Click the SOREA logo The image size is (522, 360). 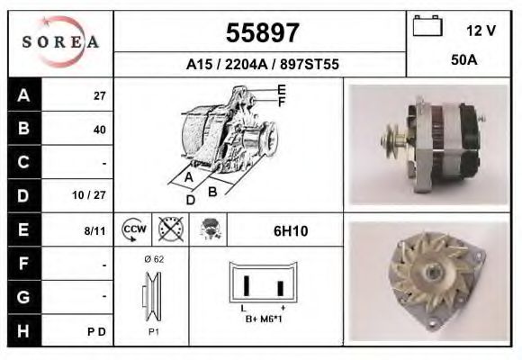coord(60,42)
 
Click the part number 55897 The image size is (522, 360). coord(261,33)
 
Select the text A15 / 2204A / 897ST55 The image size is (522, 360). coord(261,65)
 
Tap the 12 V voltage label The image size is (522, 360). coord(481,31)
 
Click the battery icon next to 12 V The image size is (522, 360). coord(428,28)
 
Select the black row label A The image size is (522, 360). coord(22,95)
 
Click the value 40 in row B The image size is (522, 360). coord(99,130)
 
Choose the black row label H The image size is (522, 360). coord(22,330)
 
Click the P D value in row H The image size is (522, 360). coord(98,331)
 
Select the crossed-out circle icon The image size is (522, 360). coord(171,230)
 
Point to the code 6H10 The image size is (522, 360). coord(291,231)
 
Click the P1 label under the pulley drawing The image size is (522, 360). coord(152,330)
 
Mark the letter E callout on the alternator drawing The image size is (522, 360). coord(282,90)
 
